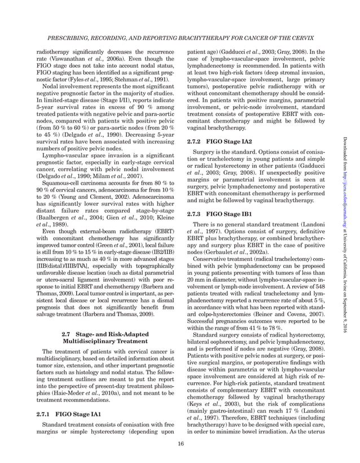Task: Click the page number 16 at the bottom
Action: tap(180, 443)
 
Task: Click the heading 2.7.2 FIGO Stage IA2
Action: tap(218, 141)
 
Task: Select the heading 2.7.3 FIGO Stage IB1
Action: tap(218, 214)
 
